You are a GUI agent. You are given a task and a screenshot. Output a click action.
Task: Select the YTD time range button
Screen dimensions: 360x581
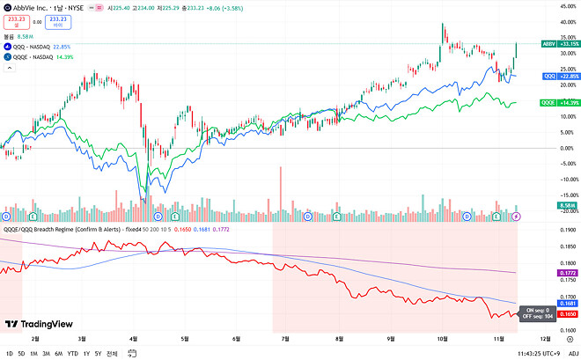(x=73, y=353)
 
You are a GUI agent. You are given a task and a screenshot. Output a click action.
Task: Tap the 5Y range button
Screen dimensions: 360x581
(x=97, y=353)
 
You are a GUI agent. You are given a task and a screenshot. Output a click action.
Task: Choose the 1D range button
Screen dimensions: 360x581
(x=10, y=353)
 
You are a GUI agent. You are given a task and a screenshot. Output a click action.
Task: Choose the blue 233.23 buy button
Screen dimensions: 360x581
(x=59, y=20)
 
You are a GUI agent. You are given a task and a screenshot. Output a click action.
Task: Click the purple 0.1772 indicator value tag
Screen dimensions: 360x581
(x=568, y=274)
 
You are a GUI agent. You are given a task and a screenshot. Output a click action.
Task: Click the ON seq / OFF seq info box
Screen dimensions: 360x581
(x=535, y=313)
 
